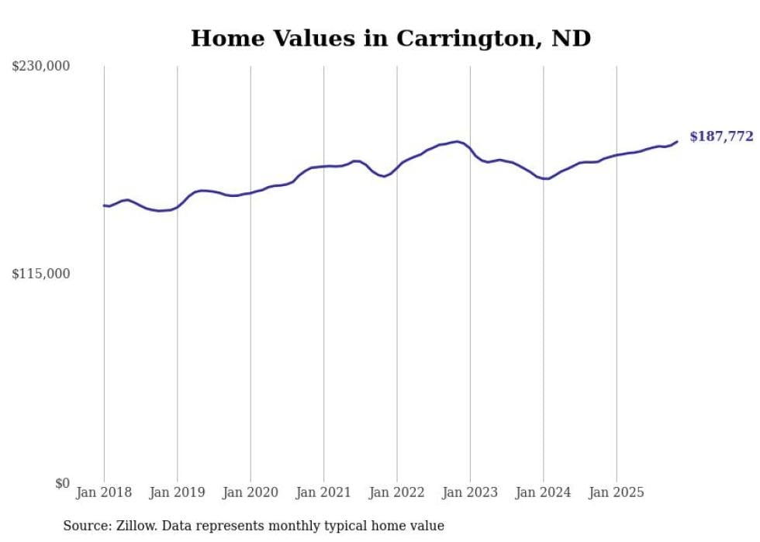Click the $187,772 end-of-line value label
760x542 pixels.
pyautogui.click(x=720, y=136)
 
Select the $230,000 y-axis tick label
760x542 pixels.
pyautogui.click(x=40, y=67)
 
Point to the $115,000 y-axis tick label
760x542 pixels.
pyautogui.click(x=40, y=274)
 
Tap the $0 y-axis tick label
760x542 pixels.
pyautogui.click(x=62, y=483)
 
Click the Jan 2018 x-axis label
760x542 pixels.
pyautogui.click(x=104, y=492)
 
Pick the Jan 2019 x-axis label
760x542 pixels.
pyautogui.click(x=178, y=492)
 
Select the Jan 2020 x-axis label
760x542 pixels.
pyautogui.click(x=250, y=492)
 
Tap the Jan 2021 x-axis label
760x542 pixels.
pyautogui.click(x=324, y=492)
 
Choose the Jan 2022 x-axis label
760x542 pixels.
pyautogui.click(x=397, y=492)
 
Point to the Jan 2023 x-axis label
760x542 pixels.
pyautogui.click(x=471, y=492)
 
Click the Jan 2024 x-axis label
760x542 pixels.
pyautogui.click(x=544, y=492)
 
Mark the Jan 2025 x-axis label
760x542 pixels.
pyautogui.click(x=617, y=492)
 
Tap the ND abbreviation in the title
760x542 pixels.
pyautogui.click(x=571, y=38)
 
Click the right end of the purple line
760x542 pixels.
pyautogui.click(x=677, y=141)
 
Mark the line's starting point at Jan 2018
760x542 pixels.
pyautogui.click(x=104, y=205)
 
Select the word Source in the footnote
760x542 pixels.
pyautogui.click(x=84, y=526)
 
